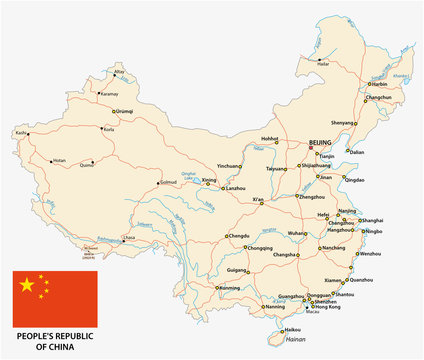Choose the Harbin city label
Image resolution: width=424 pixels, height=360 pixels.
[381, 84]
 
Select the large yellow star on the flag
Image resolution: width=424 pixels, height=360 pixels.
[27, 287]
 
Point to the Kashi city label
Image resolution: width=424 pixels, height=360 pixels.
[21, 131]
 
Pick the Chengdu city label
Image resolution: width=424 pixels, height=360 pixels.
[238, 236]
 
